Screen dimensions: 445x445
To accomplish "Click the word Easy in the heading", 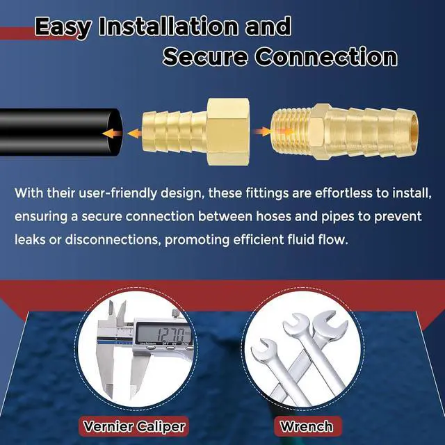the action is click(x=63, y=28).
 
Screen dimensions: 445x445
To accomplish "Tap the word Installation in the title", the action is click(x=168, y=26).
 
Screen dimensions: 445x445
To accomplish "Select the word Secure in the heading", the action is click(x=205, y=56).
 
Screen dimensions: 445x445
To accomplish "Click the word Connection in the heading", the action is click(x=326, y=56).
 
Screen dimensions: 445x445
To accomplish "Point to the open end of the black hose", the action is click(x=114, y=132).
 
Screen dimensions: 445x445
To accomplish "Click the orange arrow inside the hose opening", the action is click(x=113, y=133).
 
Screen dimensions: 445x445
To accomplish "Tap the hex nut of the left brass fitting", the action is click(x=228, y=132).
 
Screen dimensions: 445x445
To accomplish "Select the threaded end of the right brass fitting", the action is click(x=291, y=132).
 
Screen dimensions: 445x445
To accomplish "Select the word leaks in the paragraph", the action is click(x=30, y=239).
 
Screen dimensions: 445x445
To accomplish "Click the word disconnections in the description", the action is click(x=111, y=239).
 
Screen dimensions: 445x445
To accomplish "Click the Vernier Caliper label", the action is click(x=134, y=426).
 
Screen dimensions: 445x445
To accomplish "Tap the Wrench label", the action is click(x=307, y=426).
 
